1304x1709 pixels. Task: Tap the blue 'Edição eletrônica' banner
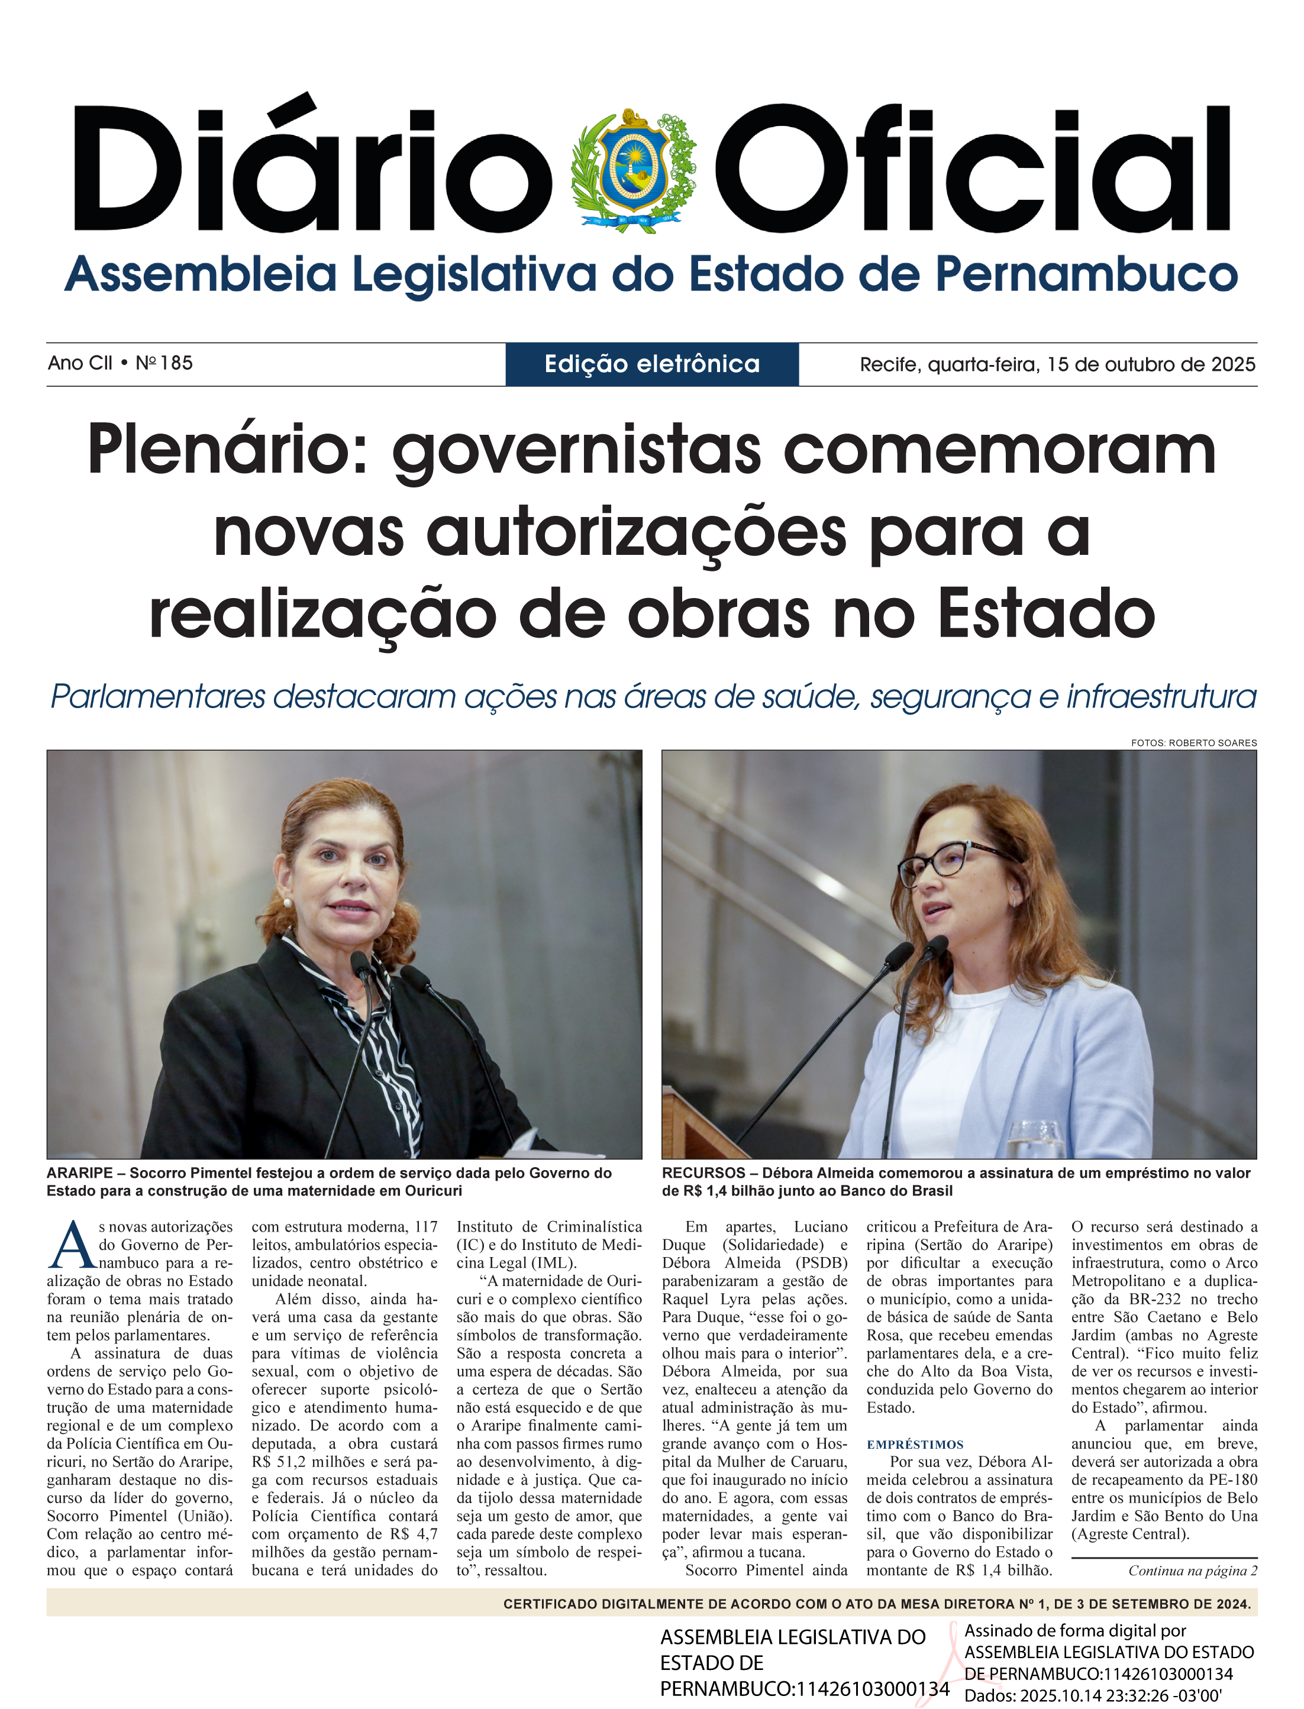click(x=652, y=364)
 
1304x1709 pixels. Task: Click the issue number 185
click(x=176, y=363)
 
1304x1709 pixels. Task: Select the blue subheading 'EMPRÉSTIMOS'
click(x=915, y=1445)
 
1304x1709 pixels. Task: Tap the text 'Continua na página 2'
click(x=1192, y=1571)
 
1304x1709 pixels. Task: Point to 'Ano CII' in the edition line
click(x=80, y=363)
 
